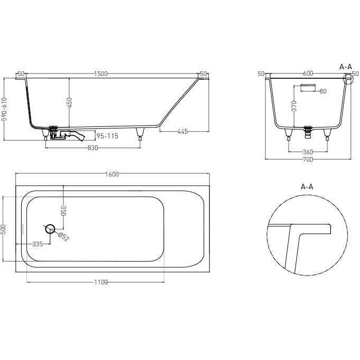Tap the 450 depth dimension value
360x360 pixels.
69,102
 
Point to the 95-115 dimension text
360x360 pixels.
107,136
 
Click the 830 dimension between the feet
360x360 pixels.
93,148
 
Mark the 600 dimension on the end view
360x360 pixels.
309,74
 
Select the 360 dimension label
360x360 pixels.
308,152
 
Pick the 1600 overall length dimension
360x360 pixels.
112,174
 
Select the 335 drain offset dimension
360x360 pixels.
37,244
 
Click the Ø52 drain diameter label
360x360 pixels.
63,237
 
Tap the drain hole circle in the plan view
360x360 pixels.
50,229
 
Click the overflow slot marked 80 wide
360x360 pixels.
308,87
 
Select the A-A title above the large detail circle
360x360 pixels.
308,187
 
